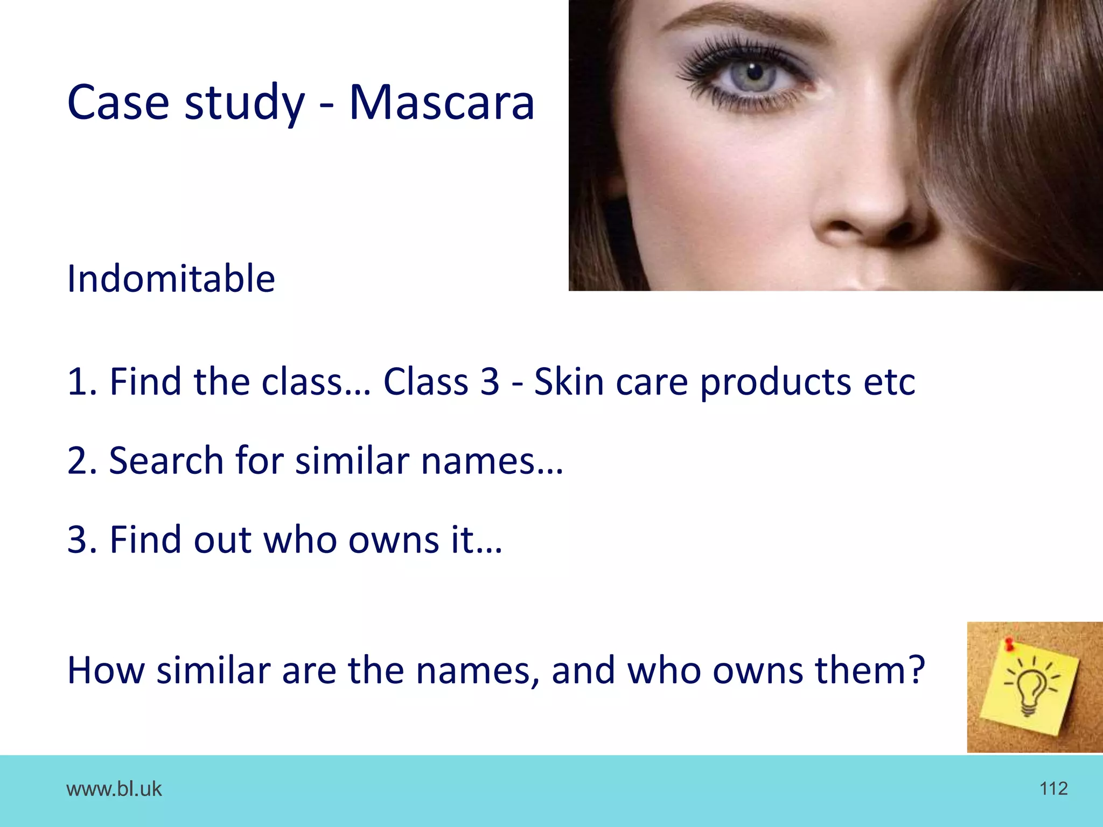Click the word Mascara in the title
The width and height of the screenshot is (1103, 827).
pyautogui.click(x=442, y=102)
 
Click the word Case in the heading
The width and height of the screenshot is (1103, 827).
pyautogui.click(x=118, y=102)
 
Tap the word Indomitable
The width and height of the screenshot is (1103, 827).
pyautogui.click(x=171, y=279)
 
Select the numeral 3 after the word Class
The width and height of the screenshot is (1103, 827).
pyautogui.click(x=490, y=382)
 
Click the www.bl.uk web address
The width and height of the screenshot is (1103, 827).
pyautogui.click(x=114, y=789)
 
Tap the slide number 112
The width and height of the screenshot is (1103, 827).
pyautogui.click(x=1053, y=789)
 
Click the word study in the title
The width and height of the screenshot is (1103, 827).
pyautogui.click(x=245, y=103)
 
